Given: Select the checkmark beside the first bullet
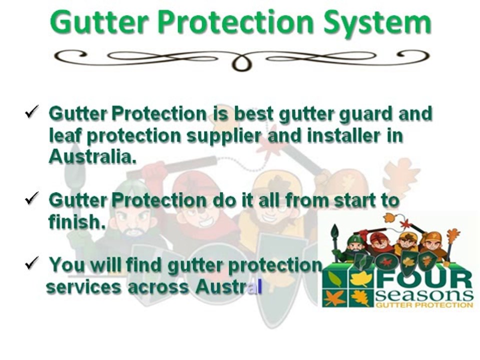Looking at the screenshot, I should (32, 112).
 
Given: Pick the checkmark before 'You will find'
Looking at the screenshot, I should (32, 262).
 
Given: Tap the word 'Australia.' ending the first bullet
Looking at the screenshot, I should (92, 156).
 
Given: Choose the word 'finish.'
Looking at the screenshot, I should (77, 222).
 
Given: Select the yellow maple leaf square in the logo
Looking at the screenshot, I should (361, 278).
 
